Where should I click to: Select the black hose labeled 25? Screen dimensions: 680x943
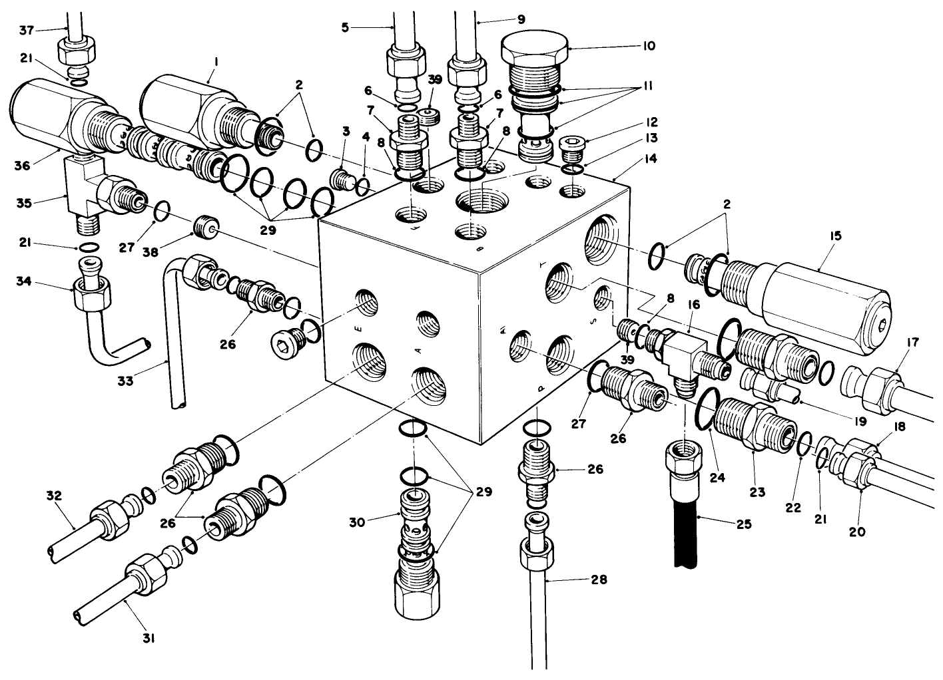[685, 532]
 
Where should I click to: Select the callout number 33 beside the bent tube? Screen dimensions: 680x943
[125, 381]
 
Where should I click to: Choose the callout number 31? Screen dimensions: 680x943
[149, 638]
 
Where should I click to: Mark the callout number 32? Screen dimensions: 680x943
[54, 495]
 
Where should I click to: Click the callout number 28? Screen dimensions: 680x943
[599, 580]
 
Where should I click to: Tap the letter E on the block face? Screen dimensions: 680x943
[359, 327]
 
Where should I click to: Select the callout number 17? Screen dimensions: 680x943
[913, 343]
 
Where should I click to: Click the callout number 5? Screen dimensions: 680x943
[345, 28]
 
